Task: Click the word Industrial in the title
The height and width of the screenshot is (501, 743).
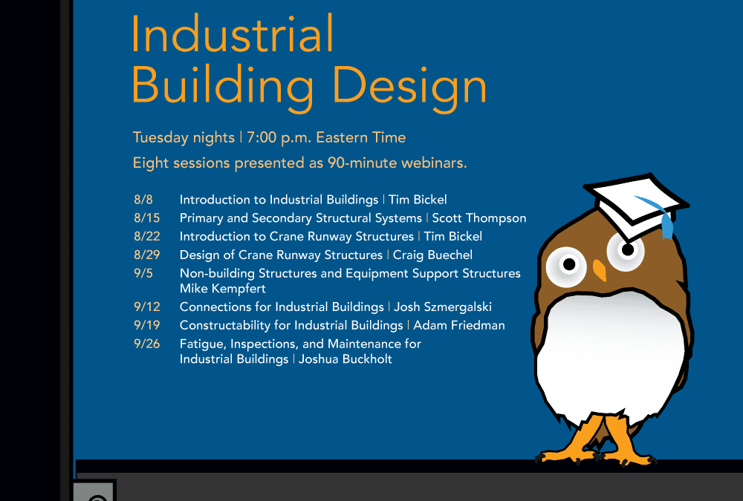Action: tap(233, 33)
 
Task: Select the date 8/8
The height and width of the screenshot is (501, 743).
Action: tap(143, 200)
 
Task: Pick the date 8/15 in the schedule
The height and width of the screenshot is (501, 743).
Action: tap(147, 217)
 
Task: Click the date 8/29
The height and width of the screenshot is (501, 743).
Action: tap(147, 255)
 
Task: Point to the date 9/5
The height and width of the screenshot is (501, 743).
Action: tap(143, 273)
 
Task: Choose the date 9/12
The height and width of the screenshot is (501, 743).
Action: tap(147, 307)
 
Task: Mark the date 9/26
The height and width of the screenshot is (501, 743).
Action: tap(147, 344)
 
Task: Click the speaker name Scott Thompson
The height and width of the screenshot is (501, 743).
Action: tap(479, 218)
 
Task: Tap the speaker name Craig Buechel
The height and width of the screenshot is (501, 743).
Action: tap(432, 255)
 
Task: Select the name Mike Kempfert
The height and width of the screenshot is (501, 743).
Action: tap(223, 289)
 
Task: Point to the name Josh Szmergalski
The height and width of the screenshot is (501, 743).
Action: tap(443, 307)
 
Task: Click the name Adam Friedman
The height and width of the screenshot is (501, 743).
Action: tap(459, 325)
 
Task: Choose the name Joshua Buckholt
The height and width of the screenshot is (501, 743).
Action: tap(345, 359)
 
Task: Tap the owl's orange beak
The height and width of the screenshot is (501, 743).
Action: tap(600, 270)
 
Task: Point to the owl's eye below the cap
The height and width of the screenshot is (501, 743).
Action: tap(626, 251)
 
